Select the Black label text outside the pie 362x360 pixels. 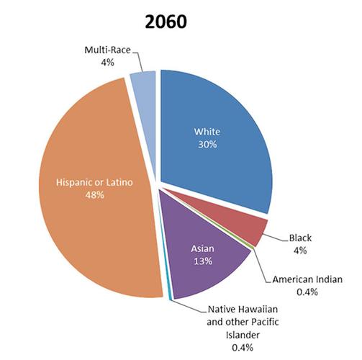point(299,238)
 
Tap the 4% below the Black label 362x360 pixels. point(299,251)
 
